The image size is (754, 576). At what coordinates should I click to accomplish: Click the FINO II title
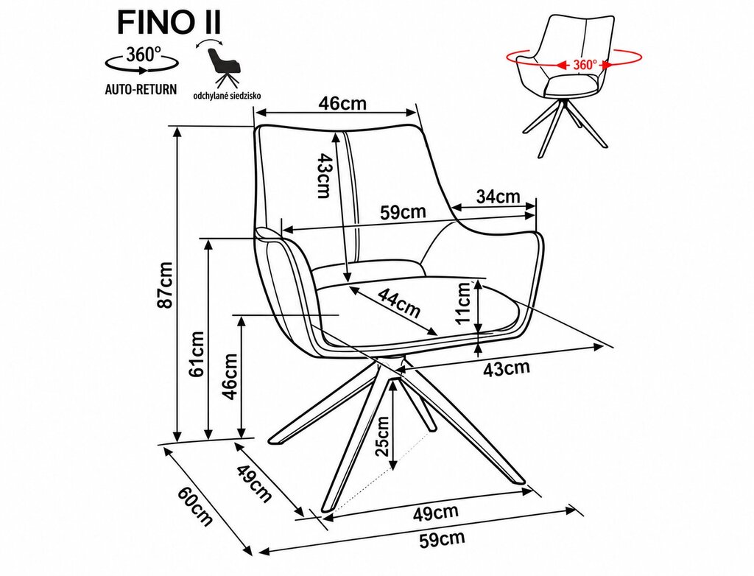click(x=169, y=23)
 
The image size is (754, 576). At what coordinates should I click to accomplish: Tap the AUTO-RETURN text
click(x=141, y=89)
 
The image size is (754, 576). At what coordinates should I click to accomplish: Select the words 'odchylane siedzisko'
click(x=227, y=96)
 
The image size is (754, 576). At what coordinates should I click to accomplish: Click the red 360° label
click(x=585, y=65)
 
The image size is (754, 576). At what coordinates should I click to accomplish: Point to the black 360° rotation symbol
click(x=141, y=60)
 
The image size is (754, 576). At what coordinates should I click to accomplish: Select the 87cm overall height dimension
click(x=166, y=285)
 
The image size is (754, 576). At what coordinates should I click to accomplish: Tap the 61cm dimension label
click(x=197, y=354)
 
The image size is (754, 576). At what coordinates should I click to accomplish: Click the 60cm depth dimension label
click(x=195, y=507)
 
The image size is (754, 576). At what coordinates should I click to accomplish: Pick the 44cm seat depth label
click(x=398, y=303)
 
